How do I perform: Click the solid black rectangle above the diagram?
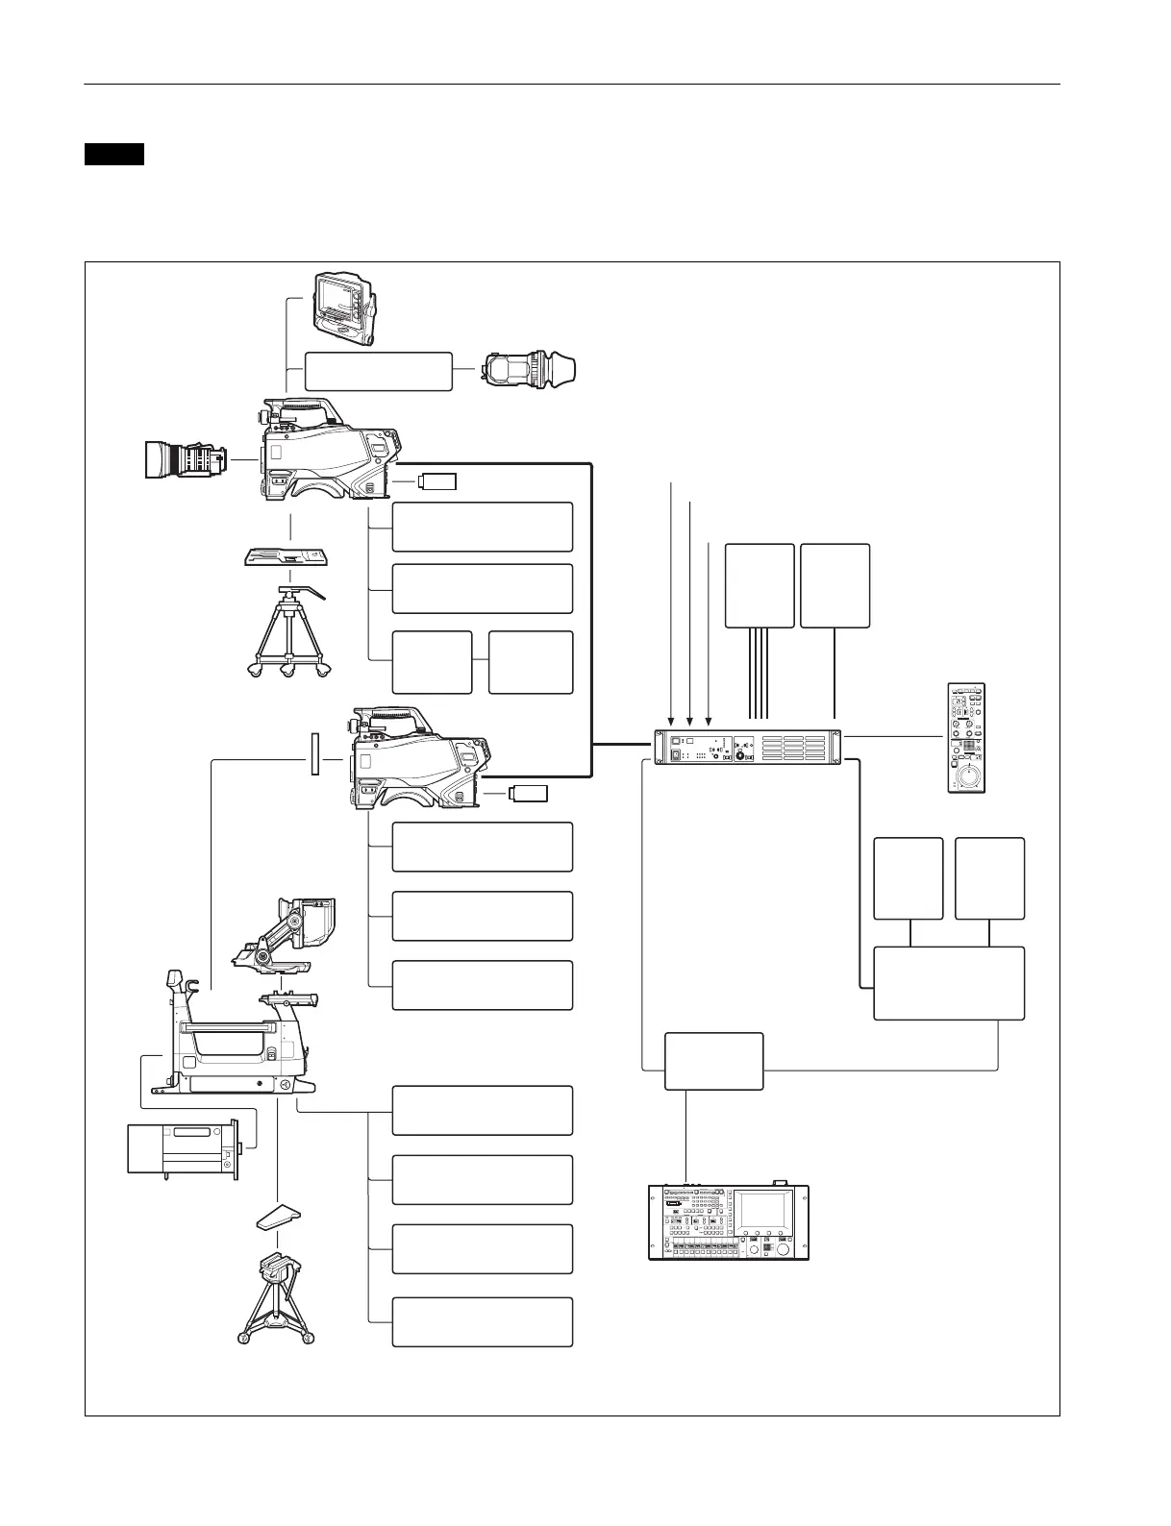(x=113, y=154)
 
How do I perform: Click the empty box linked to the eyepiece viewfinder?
(x=379, y=371)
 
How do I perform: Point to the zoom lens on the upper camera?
(x=186, y=462)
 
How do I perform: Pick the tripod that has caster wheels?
(x=286, y=635)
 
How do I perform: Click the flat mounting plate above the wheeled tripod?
(x=285, y=559)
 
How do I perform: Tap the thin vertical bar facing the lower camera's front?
(x=314, y=755)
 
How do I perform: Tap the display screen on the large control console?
(x=765, y=1208)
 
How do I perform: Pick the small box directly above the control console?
(x=714, y=1061)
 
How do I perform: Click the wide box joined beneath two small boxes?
(x=949, y=983)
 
